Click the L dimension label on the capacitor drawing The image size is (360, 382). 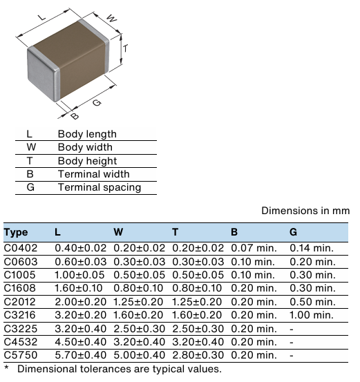pyautogui.click(x=41, y=17)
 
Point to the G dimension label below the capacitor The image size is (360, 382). pyautogui.click(x=97, y=103)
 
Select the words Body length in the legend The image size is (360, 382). pyautogui.click(x=87, y=134)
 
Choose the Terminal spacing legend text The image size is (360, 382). pyautogui.click(x=100, y=187)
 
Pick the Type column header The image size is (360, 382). pyautogui.click(x=16, y=232)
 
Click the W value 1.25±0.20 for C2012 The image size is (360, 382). pyautogui.click(x=138, y=301)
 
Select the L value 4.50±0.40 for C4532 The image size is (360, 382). pyautogui.click(x=79, y=341)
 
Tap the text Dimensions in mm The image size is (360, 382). pyautogui.click(x=307, y=211)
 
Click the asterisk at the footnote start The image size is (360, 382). pyautogui.click(x=6, y=369)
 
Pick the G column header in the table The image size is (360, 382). pyautogui.click(x=294, y=232)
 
